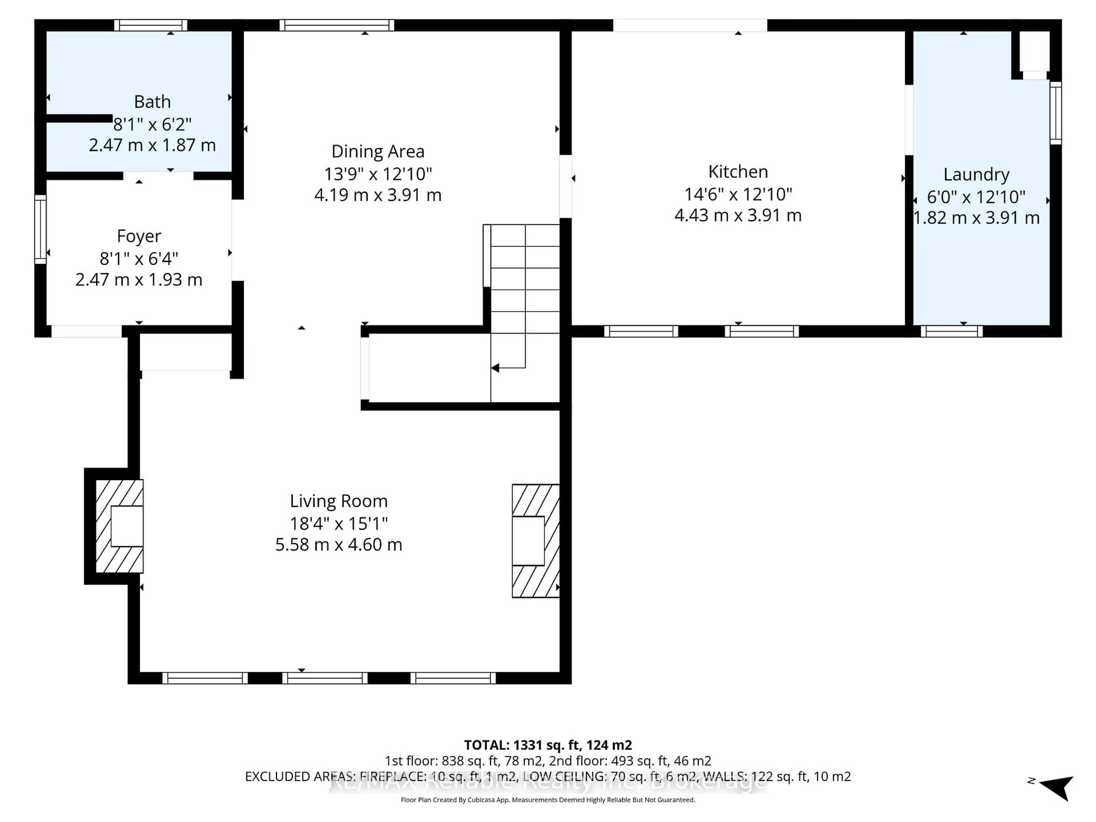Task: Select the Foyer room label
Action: tap(139, 236)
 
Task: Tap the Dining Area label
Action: tap(378, 151)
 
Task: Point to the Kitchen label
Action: tap(738, 172)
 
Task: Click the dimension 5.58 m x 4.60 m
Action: tap(339, 545)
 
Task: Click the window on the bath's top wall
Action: tap(151, 25)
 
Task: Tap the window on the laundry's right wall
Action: tap(1055, 113)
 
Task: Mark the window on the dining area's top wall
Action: tap(337, 25)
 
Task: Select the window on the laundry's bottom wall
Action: tap(951, 331)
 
